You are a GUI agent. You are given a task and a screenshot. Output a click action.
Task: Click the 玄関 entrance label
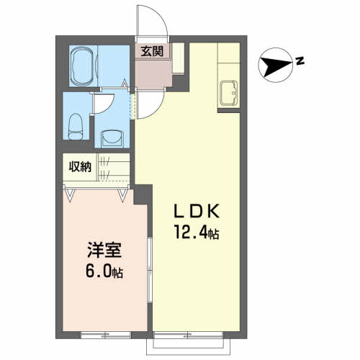[x=152, y=51]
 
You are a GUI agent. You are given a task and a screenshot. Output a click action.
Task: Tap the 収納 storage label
[x=80, y=166]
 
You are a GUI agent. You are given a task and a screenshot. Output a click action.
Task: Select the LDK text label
[x=197, y=211]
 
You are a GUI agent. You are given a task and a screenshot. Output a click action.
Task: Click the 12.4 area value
[x=191, y=232]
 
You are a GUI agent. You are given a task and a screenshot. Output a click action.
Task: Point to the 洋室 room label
[x=104, y=250]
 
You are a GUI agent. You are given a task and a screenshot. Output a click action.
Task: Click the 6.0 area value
[x=99, y=271]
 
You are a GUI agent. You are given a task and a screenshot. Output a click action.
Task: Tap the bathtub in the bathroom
[x=83, y=66]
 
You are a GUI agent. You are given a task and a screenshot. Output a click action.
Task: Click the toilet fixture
[x=76, y=127]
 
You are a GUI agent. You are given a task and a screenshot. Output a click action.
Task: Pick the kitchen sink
[x=229, y=93]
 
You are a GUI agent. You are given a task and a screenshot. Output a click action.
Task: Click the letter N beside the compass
[x=300, y=61]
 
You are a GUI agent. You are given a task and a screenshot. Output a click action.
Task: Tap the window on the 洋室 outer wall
[x=106, y=336]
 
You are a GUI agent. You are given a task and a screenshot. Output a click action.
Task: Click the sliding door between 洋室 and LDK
[x=150, y=271]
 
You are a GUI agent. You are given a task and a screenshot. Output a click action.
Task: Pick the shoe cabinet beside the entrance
[x=178, y=58]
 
